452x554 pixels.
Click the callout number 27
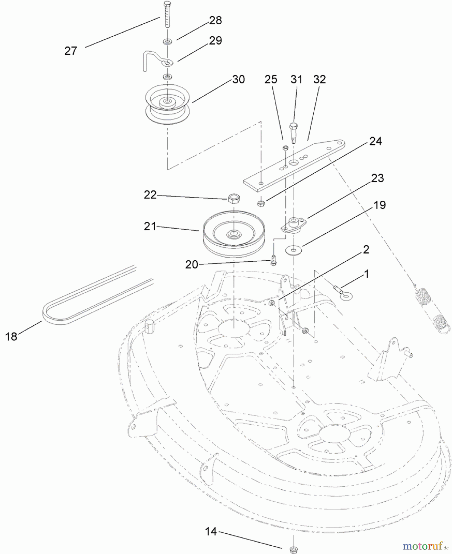point(71,51)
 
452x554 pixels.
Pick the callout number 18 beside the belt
point(11,336)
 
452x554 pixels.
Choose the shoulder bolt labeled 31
point(293,133)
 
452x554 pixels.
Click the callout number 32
point(319,79)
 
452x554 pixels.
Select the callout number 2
point(366,249)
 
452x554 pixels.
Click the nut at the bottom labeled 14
point(293,549)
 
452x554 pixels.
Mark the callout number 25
point(271,79)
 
